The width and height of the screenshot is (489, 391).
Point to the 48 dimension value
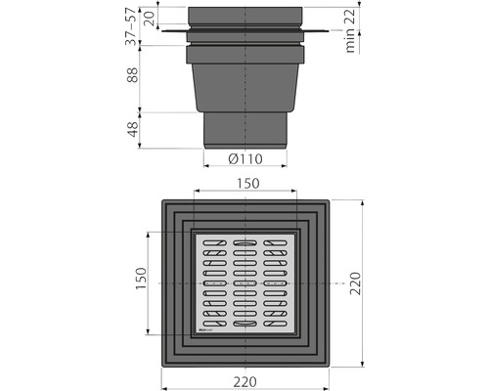[x=133, y=129]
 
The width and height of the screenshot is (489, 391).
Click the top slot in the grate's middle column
[x=244, y=241]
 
